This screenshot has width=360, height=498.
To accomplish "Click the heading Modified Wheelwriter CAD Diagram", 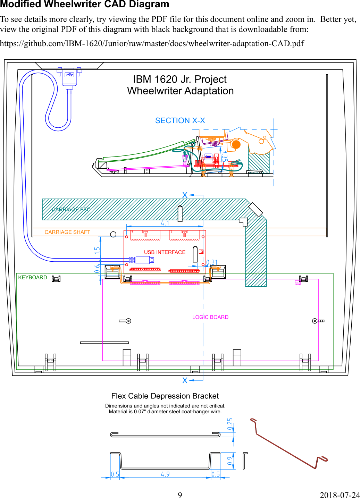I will (84, 5).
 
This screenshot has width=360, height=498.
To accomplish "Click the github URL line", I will (152, 43).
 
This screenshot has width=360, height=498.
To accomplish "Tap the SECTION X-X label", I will (180, 120).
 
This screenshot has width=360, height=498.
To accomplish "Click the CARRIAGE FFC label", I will (71, 210).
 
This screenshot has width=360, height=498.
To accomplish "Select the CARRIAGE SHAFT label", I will (67, 232).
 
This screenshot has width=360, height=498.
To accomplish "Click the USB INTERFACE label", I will (165, 252).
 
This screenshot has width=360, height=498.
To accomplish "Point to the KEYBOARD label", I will (32, 277).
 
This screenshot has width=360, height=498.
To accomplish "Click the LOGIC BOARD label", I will (210, 317).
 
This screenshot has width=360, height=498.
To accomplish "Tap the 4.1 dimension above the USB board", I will (165, 223).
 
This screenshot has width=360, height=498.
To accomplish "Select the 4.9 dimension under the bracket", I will (165, 474).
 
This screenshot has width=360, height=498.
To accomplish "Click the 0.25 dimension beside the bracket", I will (230, 424).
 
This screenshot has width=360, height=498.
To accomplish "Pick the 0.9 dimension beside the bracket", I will (230, 461).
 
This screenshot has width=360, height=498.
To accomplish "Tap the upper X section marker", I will (185, 195).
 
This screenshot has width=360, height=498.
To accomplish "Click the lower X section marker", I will (185, 380).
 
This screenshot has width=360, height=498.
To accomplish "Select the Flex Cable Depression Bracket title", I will (165, 396).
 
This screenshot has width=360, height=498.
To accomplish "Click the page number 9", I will (180, 495).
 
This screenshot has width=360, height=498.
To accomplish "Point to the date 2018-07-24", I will (340, 495).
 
